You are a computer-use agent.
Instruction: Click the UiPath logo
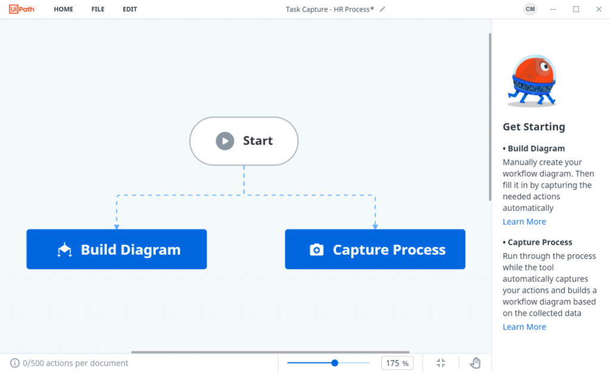point(22,9)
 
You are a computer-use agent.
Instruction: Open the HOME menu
point(63,10)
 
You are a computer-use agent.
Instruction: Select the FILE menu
point(98,10)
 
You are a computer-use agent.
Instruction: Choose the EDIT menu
point(129,10)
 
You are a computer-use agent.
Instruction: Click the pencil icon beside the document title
point(382,10)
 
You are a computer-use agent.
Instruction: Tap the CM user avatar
point(530,10)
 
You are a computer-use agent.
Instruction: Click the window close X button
point(599,10)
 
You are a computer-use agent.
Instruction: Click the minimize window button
point(553,10)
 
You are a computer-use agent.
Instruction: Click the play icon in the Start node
point(225,140)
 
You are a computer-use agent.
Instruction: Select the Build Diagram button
point(117,249)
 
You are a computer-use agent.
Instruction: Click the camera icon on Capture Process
point(316,249)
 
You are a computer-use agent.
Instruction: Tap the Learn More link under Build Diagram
point(524,221)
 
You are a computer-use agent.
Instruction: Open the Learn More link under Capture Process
point(524,327)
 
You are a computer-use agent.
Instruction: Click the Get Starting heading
point(534,127)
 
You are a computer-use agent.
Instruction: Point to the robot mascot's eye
point(546,67)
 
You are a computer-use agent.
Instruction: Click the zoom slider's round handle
point(335,363)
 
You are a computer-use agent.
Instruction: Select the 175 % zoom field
point(397,363)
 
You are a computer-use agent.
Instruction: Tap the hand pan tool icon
point(475,363)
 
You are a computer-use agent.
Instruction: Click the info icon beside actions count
point(15,363)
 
